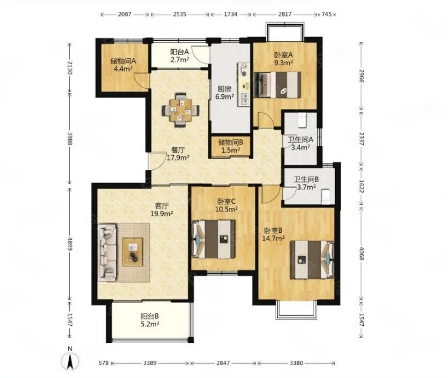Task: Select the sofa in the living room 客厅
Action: point(107,252)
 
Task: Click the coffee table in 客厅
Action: point(133,252)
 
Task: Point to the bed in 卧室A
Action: point(278,85)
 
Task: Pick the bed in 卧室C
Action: point(214,239)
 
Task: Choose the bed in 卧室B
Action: point(312,260)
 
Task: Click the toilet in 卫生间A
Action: point(302,120)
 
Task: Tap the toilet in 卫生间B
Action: point(325,197)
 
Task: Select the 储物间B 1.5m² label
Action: point(230,146)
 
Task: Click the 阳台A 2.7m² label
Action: point(180,56)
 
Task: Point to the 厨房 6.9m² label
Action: point(224,92)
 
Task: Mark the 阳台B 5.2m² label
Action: point(150,321)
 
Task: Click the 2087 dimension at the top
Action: point(124,14)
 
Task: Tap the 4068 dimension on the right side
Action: point(362,254)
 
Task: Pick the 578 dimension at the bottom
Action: point(104,363)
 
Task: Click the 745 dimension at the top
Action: point(327,14)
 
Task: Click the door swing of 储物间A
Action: point(140,79)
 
